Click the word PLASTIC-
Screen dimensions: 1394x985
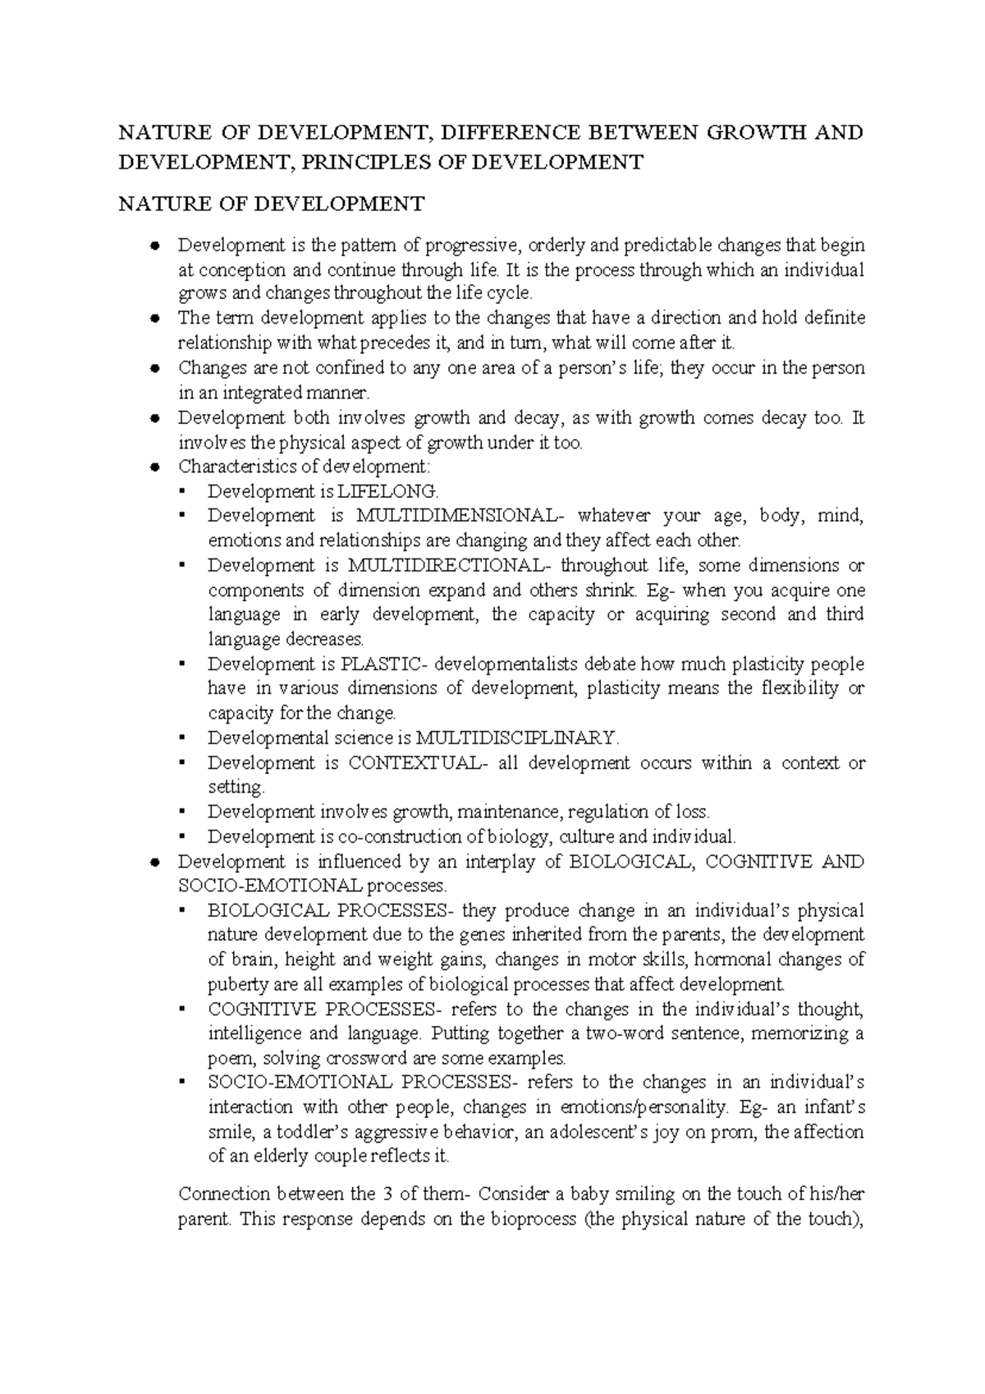pos(383,664)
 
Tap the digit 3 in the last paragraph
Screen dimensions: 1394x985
pos(387,1194)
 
